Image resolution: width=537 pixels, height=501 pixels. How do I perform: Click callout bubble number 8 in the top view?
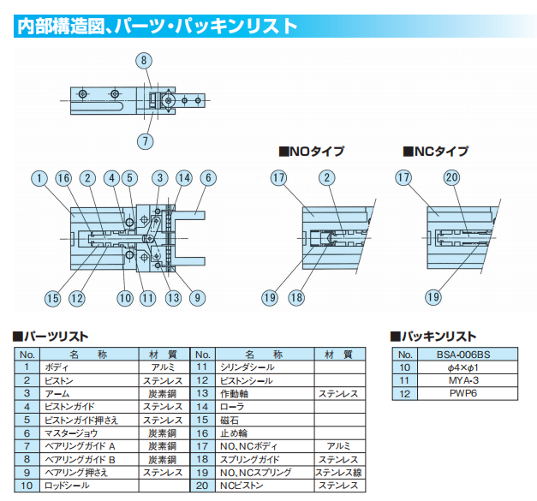pos(144,60)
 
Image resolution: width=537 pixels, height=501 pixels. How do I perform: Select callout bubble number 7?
pos(144,140)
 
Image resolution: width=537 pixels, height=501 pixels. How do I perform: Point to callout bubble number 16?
pos(63,179)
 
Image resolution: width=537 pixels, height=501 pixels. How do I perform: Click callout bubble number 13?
pos(174,298)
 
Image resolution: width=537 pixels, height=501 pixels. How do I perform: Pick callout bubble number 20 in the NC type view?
pos(453,179)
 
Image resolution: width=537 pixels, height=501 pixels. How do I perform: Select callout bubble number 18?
pos(296,298)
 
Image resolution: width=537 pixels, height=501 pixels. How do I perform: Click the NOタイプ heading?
pos(312,152)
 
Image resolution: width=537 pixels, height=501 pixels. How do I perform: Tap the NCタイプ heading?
pos(436,152)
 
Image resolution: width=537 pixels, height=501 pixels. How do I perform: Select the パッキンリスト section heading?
pos(433,337)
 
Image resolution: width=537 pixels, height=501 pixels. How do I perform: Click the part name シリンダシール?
pos(248,367)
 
